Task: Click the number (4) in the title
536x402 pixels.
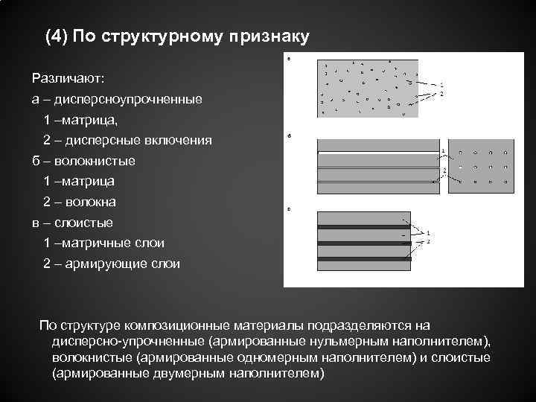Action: pyautogui.click(x=55, y=37)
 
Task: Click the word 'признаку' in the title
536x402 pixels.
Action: pyautogui.click(x=265, y=37)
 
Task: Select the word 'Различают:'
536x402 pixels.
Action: pyautogui.click(x=68, y=77)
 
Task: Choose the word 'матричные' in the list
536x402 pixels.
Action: pyautogui.click(x=97, y=243)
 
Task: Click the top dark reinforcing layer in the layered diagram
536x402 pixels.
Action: pyautogui.click(x=363, y=224)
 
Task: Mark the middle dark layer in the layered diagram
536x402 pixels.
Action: pyautogui.click(x=363, y=241)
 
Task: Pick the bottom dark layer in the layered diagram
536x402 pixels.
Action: pyautogui.click(x=363, y=258)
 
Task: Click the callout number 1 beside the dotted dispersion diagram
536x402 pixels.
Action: pyautogui.click(x=441, y=83)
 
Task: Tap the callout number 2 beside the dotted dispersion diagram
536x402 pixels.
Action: pyautogui.click(x=441, y=94)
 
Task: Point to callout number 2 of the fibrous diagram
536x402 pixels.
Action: pyautogui.click(x=444, y=170)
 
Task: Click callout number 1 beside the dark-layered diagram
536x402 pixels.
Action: pyautogui.click(x=428, y=233)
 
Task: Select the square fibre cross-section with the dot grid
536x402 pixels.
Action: pyautogui.click(x=485, y=167)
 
